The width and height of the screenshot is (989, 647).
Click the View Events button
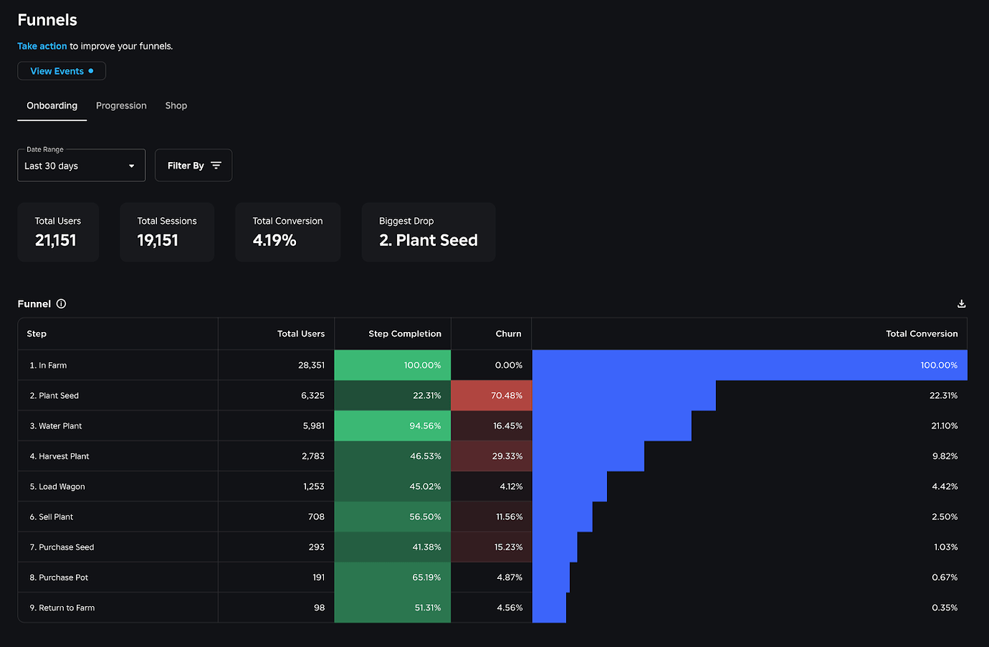(62, 71)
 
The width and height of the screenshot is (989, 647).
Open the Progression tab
(121, 105)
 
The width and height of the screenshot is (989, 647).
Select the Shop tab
(176, 105)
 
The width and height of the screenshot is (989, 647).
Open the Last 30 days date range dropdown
(81, 166)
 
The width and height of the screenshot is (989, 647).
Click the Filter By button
(193, 166)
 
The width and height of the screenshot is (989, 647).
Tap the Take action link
(42, 46)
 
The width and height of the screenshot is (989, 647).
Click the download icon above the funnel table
(961, 304)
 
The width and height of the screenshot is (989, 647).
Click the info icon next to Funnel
(62, 304)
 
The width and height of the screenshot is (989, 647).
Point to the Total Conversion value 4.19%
(274, 240)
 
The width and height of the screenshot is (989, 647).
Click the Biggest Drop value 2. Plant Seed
(428, 240)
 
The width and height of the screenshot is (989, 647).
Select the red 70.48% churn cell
(492, 395)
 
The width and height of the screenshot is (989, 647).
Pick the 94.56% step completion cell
(393, 425)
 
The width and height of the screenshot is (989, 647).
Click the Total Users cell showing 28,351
(311, 365)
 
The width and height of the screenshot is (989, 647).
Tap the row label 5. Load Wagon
(57, 486)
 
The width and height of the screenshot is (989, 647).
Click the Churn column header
(508, 334)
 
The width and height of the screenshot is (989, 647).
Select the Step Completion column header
(404, 334)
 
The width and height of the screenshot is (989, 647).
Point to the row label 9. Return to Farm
(62, 608)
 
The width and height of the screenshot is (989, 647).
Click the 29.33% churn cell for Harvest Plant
(492, 456)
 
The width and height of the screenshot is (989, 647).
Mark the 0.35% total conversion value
(945, 608)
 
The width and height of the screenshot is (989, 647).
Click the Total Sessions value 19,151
(158, 240)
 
